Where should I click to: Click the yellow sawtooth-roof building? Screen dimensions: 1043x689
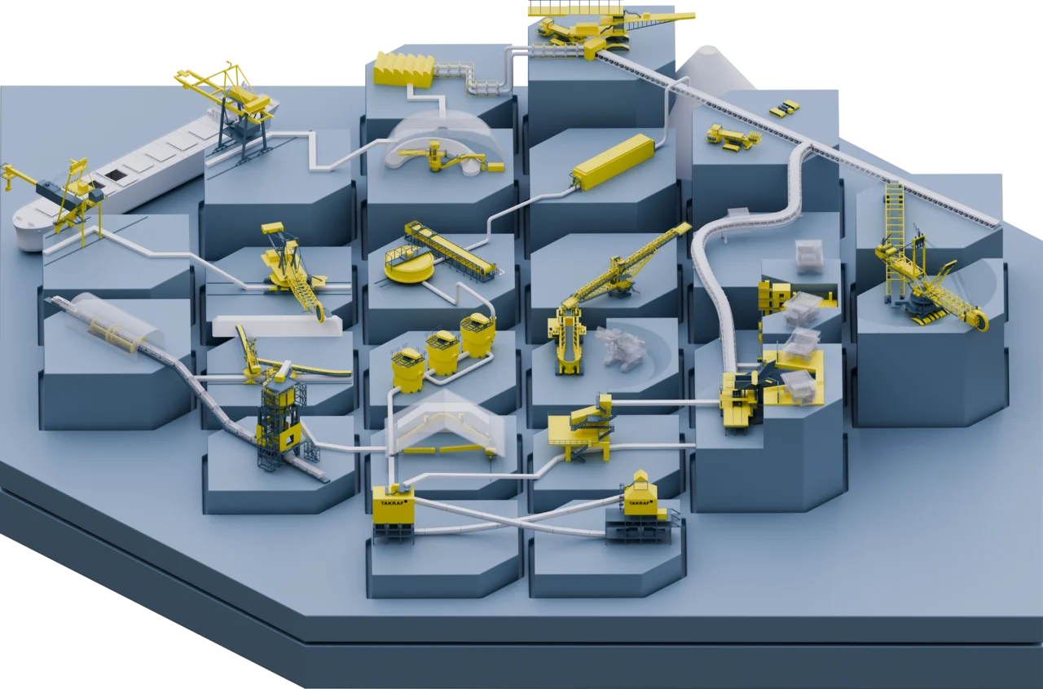tap(404, 69)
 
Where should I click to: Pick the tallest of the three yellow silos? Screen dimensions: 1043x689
tap(477, 335)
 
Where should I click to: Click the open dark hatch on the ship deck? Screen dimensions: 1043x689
tap(113, 174)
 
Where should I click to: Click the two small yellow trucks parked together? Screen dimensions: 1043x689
tap(784, 108)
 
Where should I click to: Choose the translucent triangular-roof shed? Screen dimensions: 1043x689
tap(445, 425)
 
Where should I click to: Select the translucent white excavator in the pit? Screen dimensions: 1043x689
tap(619, 347)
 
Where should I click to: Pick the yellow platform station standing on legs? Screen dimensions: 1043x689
tap(579, 429)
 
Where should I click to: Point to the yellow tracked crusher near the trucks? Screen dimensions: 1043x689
tap(732, 138)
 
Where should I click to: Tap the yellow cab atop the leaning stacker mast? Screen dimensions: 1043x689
tap(272, 227)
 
